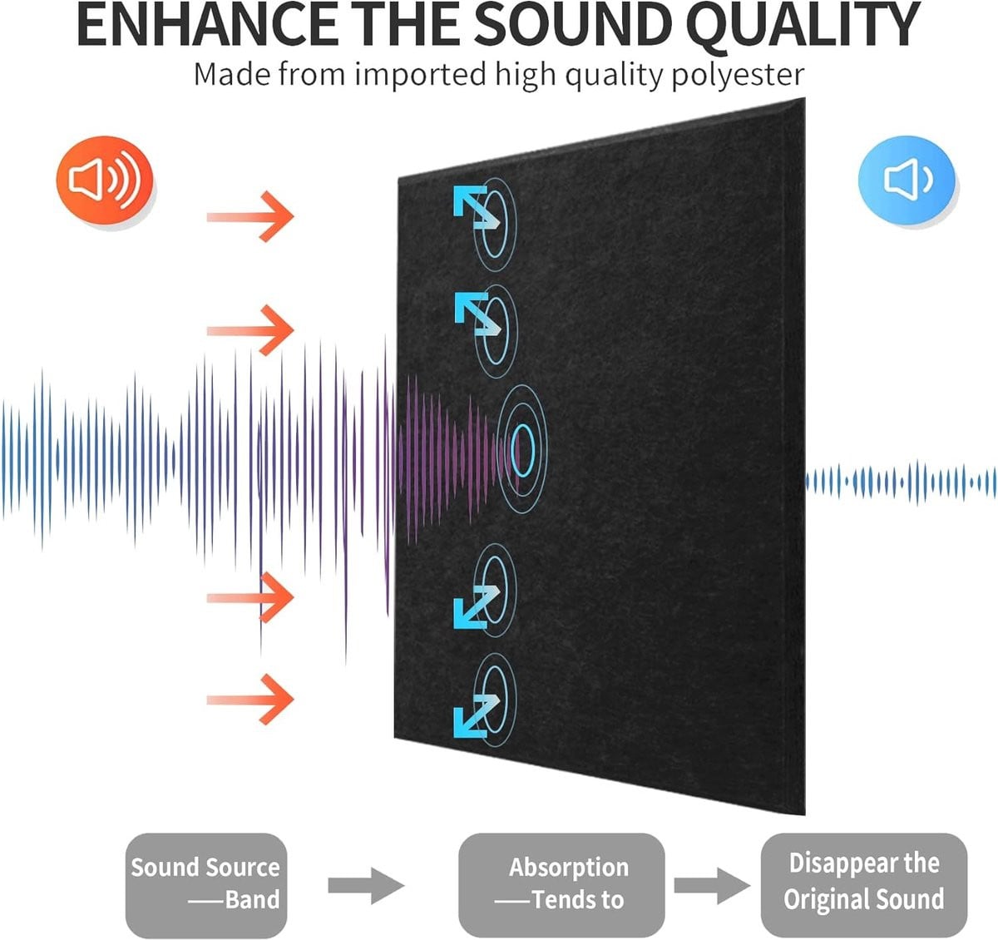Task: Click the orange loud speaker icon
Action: tap(104, 180)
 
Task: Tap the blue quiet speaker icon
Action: tap(907, 180)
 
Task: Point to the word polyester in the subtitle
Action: tap(739, 77)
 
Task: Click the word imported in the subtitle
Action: tap(421, 76)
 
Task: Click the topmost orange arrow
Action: tap(250, 216)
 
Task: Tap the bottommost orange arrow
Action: tap(250, 700)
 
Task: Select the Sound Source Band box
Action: tap(206, 885)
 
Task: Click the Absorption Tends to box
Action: tap(561, 885)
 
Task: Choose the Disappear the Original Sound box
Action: tap(864, 885)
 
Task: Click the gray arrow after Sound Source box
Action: tap(366, 886)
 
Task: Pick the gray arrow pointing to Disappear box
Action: tap(712, 886)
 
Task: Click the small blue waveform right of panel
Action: tap(901, 482)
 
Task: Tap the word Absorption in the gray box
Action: tap(568, 868)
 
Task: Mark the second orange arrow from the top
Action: tap(250, 330)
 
